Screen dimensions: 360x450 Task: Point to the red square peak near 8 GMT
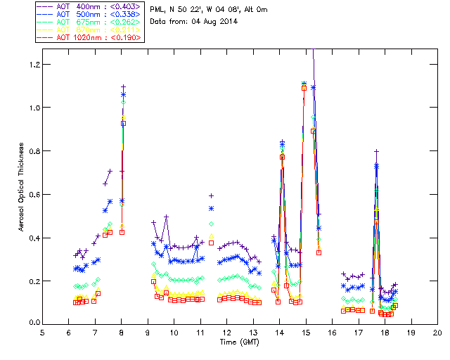click(123, 123)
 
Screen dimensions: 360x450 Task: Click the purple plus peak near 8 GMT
click(123, 86)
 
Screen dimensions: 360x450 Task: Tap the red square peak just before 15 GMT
click(304, 88)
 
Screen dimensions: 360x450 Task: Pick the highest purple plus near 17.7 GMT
click(377, 151)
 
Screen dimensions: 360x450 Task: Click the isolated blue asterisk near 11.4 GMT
click(211, 208)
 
